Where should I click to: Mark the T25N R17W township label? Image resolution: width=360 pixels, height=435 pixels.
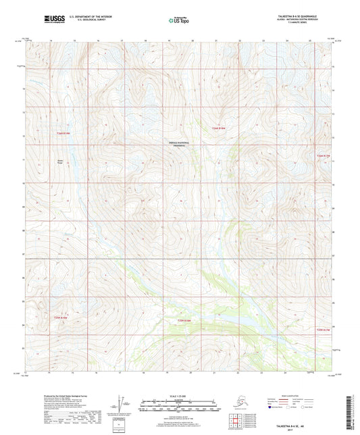(x=324, y=329)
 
